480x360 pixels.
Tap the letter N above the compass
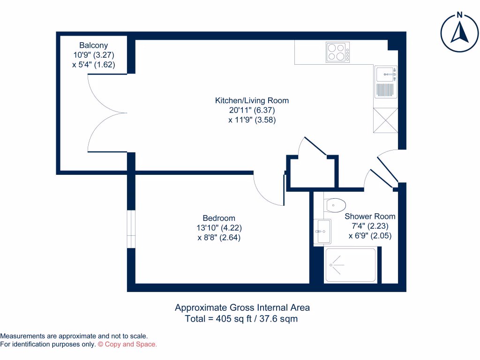point(460,15)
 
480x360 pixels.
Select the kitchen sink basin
point(386,74)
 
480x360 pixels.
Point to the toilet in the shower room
point(335,205)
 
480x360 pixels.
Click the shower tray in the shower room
point(350,265)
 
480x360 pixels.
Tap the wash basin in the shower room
point(322,231)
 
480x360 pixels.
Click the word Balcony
point(93,45)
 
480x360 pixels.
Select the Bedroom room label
point(219,218)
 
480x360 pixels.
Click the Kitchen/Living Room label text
point(252,100)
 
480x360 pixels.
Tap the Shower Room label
point(370,217)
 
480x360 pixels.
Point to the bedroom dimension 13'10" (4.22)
point(219,228)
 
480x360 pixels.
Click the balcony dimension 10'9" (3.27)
point(93,55)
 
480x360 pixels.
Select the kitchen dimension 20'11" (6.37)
point(252,110)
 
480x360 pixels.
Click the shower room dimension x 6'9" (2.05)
point(370,236)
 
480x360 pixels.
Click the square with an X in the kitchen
point(385,120)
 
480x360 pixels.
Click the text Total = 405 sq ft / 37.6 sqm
point(242,319)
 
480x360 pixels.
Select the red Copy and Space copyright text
point(127,345)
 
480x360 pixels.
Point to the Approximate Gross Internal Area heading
point(242,308)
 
